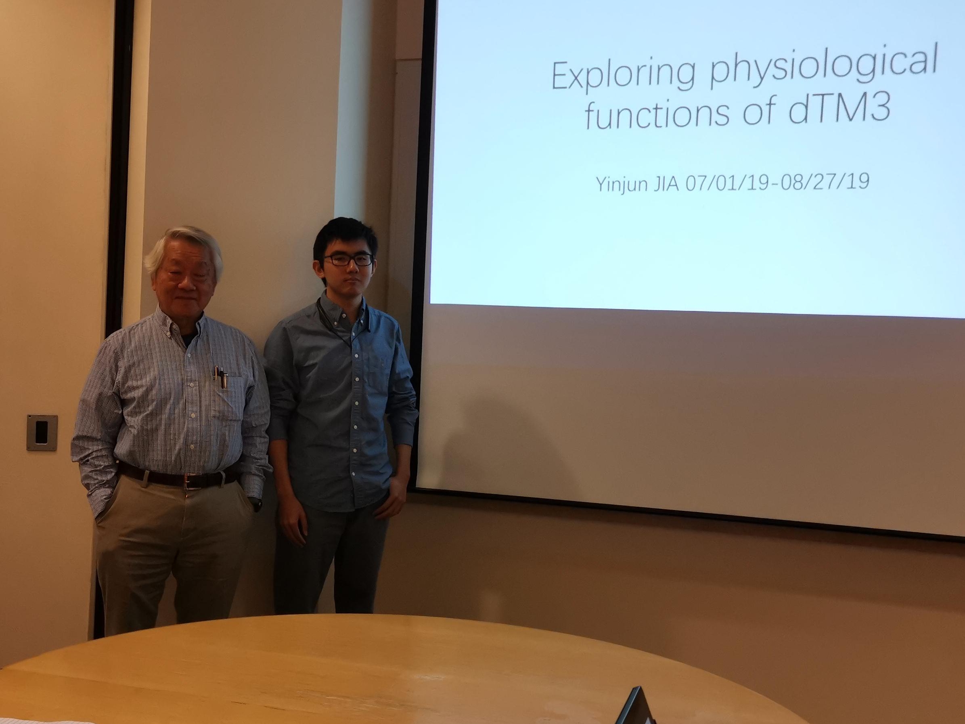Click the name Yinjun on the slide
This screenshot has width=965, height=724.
click(621, 183)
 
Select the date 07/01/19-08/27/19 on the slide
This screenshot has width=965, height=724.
click(777, 182)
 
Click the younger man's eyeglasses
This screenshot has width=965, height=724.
click(347, 260)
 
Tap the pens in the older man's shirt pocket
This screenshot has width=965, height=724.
click(221, 376)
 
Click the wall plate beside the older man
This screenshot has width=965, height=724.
click(42, 432)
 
